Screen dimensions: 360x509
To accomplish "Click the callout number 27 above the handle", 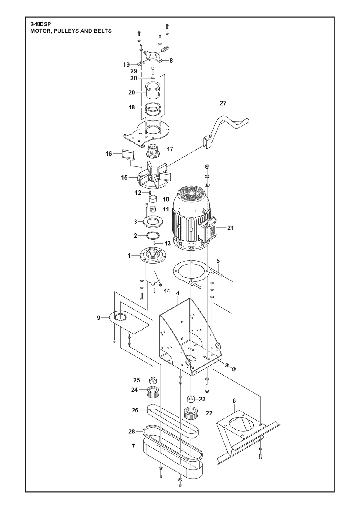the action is pyautogui.click(x=223, y=103).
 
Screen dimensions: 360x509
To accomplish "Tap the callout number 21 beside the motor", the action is pyautogui.click(x=230, y=228).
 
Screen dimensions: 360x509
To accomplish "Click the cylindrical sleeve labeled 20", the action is pyautogui.click(x=153, y=91).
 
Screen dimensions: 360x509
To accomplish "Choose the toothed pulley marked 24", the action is pyautogui.click(x=153, y=392).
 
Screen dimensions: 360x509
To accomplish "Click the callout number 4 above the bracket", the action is pyautogui.click(x=178, y=293).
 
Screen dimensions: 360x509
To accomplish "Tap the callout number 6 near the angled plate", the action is pyautogui.click(x=234, y=401).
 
